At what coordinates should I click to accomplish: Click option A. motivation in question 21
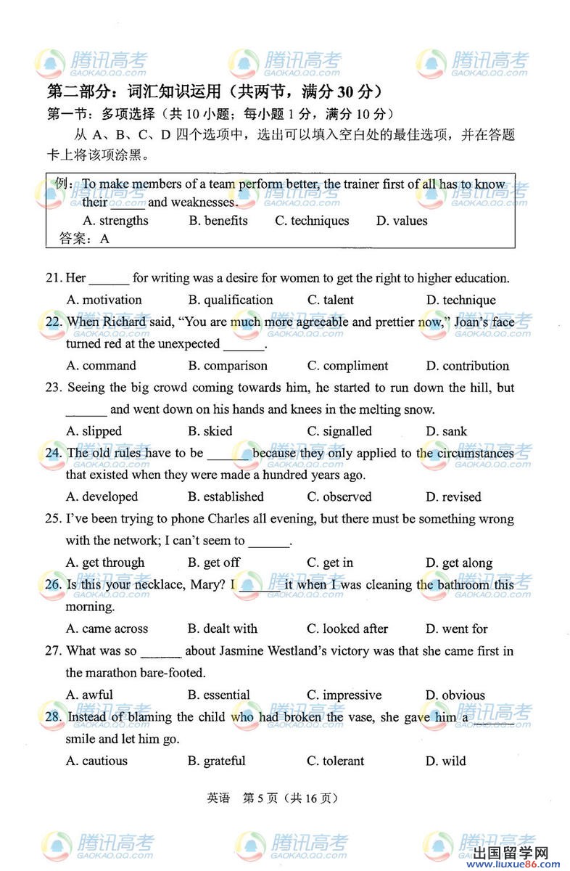(x=104, y=300)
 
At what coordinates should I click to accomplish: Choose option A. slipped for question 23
(x=94, y=431)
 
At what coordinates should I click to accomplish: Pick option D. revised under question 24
(x=453, y=497)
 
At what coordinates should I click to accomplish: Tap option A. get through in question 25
(x=105, y=563)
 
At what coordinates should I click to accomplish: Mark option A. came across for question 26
(x=107, y=629)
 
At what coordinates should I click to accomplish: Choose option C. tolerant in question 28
(x=336, y=761)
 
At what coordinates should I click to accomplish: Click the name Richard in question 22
(x=125, y=322)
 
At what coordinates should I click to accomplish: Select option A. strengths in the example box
(x=115, y=221)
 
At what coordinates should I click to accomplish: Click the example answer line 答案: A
(x=84, y=239)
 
